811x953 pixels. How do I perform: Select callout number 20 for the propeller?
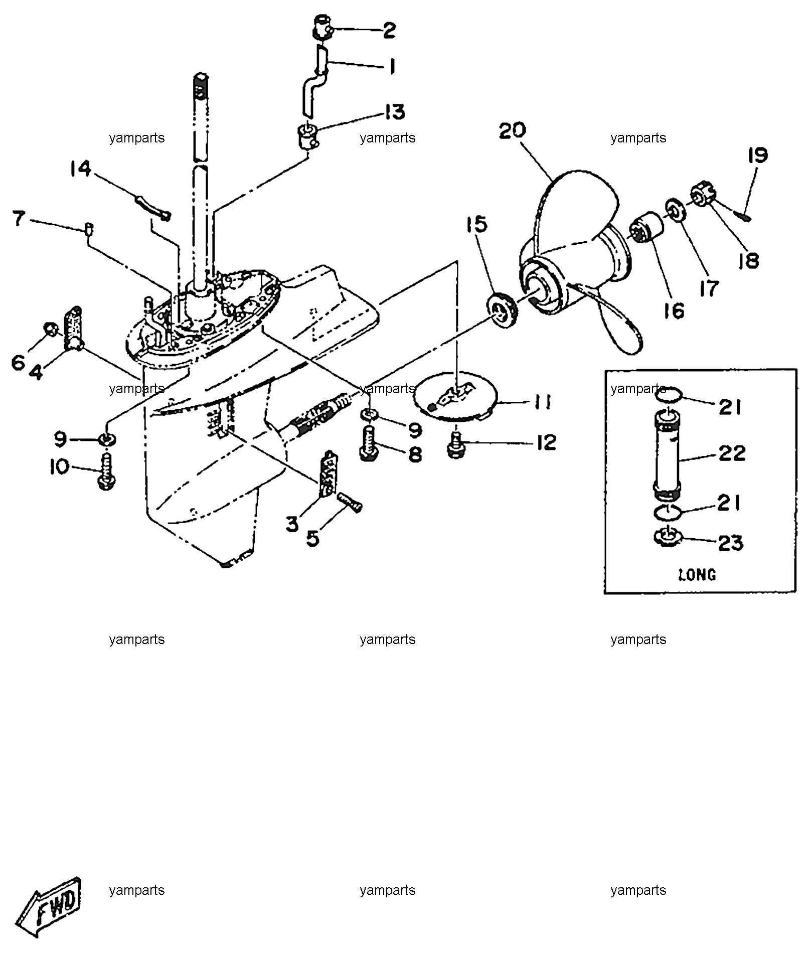512,130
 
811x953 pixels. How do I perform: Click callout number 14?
81,169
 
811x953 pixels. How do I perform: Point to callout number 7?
19,219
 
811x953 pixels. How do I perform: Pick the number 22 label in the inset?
732,453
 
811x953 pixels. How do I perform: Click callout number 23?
731,543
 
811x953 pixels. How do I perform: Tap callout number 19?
757,155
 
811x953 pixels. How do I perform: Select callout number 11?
542,402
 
